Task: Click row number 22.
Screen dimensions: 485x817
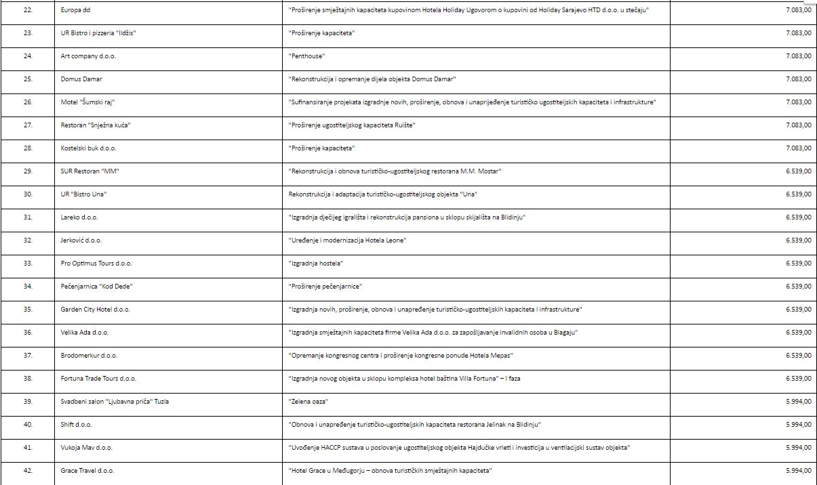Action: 28,10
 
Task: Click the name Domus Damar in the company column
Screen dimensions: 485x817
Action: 81,79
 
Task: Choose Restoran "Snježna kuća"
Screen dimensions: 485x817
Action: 95,125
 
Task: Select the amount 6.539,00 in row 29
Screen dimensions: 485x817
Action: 798,171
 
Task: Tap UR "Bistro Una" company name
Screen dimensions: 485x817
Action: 83,194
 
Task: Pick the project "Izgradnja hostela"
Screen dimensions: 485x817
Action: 316,263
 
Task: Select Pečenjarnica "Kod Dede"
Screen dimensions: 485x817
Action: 96,287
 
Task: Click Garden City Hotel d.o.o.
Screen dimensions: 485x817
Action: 95,310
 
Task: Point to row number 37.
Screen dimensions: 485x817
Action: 28,356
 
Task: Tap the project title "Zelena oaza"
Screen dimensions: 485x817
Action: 308,402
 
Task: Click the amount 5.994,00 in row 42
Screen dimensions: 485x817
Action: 798,471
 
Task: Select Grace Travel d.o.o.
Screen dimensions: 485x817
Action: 87,471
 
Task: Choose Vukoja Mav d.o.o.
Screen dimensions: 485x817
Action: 86,448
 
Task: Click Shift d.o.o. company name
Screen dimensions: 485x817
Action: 76,425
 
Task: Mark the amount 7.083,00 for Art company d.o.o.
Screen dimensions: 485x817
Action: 798,56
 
